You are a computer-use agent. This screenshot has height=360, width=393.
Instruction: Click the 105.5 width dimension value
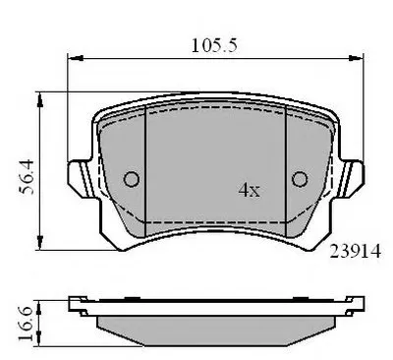click(214, 45)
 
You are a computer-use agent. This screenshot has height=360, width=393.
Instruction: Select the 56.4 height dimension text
click(27, 177)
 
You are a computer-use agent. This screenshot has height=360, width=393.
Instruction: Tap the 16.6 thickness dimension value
click(26, 324)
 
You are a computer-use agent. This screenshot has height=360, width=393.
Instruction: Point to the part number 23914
click(356, 252)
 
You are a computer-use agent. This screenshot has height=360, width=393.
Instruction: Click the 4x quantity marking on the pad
click(250, 190)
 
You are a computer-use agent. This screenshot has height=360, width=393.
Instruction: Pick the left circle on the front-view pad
click(132, 179)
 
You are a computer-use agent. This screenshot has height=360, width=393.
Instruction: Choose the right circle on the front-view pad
click(300, 179)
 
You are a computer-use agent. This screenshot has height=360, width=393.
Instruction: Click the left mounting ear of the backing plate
click(82, 178)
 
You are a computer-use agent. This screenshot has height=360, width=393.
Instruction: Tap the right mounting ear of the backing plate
click(349, 178)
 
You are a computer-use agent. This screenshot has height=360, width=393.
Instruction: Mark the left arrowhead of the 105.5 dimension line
click(75, 58)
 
